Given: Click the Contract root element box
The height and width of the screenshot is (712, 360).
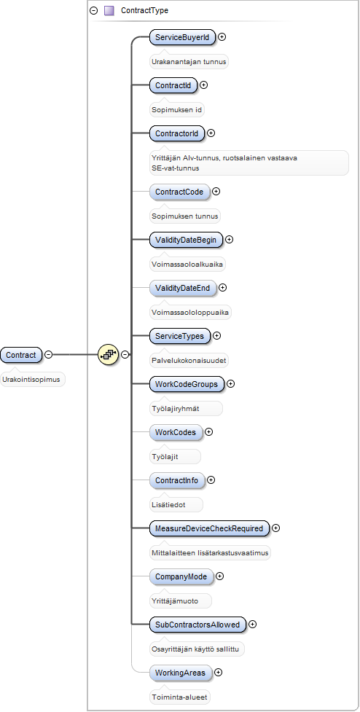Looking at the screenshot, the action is point(21,355).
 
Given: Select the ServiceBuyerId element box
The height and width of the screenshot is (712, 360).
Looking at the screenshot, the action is point(182,37).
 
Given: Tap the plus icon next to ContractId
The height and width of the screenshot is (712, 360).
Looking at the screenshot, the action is point(204,85).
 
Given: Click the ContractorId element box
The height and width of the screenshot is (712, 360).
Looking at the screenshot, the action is point(176,133).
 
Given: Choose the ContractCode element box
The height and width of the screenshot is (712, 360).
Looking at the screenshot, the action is point(179,192).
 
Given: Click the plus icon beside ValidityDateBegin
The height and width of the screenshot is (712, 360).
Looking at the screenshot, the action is point(230,239).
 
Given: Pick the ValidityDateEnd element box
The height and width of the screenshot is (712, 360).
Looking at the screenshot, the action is point(182,288).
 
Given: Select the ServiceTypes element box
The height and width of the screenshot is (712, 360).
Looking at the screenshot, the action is point(180,336).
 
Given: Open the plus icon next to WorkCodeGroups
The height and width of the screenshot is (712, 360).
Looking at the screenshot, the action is point(230,384).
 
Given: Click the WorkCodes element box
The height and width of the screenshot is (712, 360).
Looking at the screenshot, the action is point(176,432).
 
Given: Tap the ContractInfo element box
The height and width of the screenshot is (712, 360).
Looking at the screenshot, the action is point(176,480).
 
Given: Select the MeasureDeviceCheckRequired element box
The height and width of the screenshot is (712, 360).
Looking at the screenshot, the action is point(209,528).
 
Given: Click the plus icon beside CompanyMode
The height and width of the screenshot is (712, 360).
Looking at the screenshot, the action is point(220,576).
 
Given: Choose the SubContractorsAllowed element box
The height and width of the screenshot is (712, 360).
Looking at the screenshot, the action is point(197,625).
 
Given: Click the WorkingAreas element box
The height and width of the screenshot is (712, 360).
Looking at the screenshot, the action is point(181,673).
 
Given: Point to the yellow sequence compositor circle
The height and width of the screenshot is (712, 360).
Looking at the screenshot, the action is point(108,354).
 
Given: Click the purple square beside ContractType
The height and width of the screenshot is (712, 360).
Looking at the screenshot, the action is point(109,10).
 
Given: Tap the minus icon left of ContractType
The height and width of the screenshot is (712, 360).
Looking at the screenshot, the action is point(94,10).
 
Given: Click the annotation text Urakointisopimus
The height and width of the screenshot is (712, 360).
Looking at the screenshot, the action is point(33,380).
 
